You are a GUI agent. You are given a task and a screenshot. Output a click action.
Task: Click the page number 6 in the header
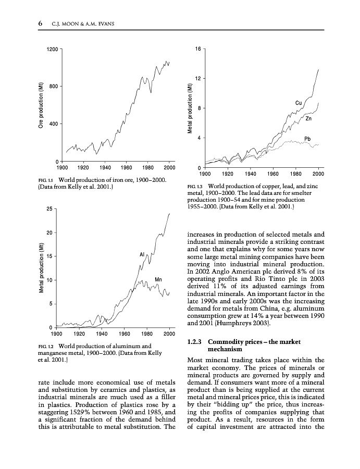click(x=40, y=24)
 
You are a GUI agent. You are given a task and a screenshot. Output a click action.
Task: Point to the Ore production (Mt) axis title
click(x=40, y=104)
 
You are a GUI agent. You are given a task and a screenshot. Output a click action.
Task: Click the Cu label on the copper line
click(x=299, y=103)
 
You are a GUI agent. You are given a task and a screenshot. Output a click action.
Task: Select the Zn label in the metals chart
click(x=308, y=119)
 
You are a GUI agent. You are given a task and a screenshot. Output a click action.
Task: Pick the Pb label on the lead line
click(x=307, y=139)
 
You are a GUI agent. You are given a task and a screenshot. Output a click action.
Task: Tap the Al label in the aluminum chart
click(x=142, y=254)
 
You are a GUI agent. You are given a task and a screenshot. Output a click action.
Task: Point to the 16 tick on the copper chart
click(x=198, y=49)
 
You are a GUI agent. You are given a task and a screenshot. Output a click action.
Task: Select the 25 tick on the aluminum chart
click(x=48, y=209)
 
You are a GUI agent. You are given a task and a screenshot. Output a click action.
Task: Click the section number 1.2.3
click(x=195, y=342)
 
